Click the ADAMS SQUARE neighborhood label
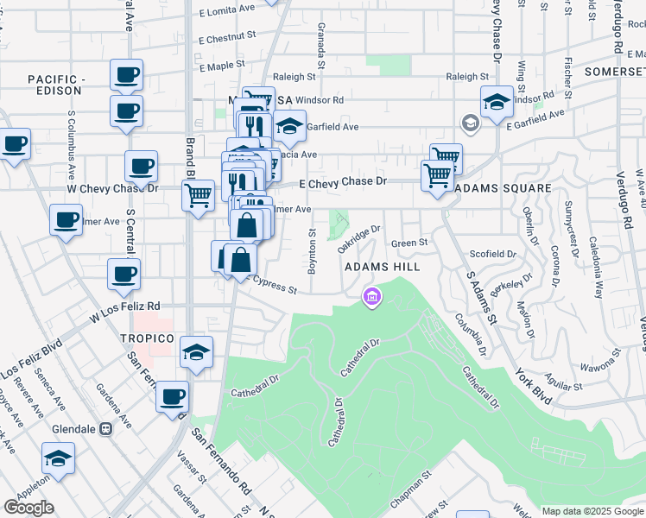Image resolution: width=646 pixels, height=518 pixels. pyautogui.click(x=503, y=188)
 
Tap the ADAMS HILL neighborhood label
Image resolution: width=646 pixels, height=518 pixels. pyautogui.click(x=382, y=268)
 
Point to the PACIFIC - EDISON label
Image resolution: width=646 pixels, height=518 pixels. pyautogui.click(x=56, y=85)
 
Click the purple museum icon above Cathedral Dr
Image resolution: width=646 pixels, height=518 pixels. pyautogui.click(x=372, y=297)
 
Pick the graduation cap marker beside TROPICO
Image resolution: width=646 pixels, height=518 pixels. pyautogui.click(x=197, y=353)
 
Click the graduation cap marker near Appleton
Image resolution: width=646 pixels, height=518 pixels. pyautogui.click(x=59, y=458)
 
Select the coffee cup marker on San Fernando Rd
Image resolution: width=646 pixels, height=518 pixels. pyautogui.click(x=173, y=396)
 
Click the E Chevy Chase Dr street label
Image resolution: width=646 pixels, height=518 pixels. pyautogui.click(x=342, y=183)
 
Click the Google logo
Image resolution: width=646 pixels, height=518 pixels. pyautogui.click(x=28, y=507)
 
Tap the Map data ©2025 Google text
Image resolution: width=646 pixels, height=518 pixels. pyautogui.click(x=592, y=511)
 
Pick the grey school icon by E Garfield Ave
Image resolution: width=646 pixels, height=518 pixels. pyautogui.click(x=470, y=122)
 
